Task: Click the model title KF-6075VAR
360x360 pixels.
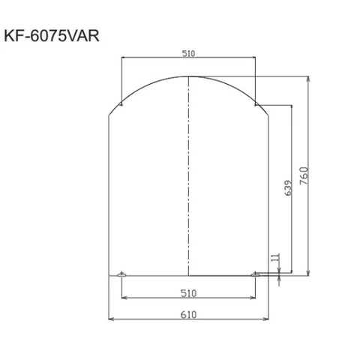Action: coord(50,34)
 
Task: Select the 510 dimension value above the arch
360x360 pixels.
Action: coord(188,53)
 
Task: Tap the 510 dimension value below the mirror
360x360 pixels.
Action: coord(188,292)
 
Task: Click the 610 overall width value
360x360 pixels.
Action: coord(188,315)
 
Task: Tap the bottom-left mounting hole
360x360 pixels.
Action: coord(121,274)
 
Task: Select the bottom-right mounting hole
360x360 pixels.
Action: coord(256,274)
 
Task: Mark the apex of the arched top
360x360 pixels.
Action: coord(188,76)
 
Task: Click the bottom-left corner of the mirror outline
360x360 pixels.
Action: coord(110,274)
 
